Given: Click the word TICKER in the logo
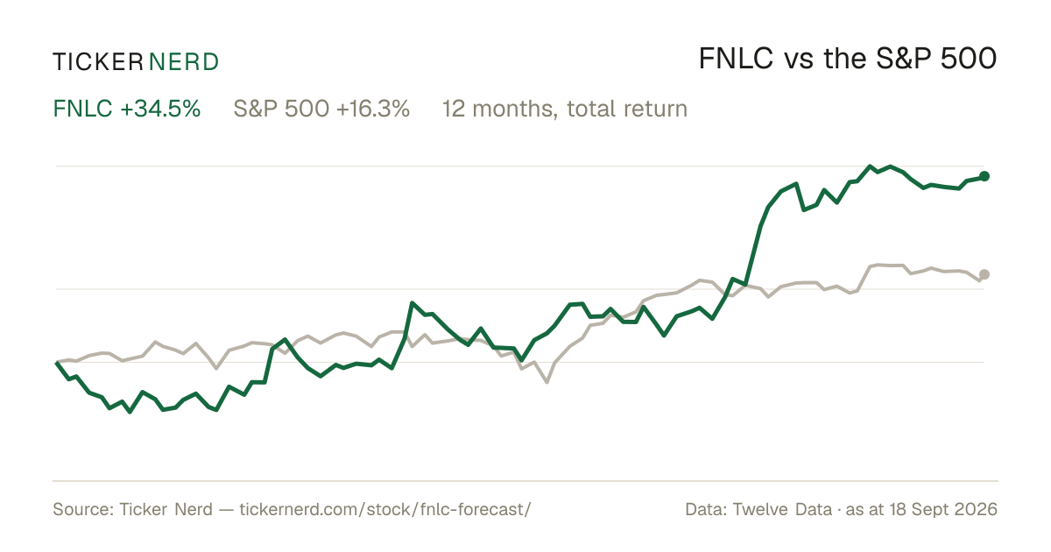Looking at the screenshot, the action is pyautogui.click(x=98, y=62).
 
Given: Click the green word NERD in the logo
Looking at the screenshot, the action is pyautogui.click(x=184, y=62).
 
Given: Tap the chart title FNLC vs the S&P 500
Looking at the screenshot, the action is pyautogui.click(x=848, y=59).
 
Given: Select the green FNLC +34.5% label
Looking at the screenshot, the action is pyautogui.click(x=127, y=109).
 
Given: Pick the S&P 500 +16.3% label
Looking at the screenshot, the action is pyautogui.click(x=321, y=109).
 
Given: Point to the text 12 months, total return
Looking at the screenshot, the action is pyautogui.click(x=564, y=109).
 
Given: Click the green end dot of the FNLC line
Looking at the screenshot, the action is pyautogui.click(x=984, y=176).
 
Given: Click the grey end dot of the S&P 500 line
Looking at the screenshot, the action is pyautogui.click(x=984, y=274).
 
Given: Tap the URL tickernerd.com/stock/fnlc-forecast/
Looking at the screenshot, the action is pyautogui.click(x=385, y=509).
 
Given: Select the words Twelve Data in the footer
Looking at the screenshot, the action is pyautogui.click(x=782, y=509).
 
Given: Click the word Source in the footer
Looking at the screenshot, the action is pyautogui.click(x=81, y=509).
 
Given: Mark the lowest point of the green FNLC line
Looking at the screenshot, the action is pyautogui.click(x=130, y=412).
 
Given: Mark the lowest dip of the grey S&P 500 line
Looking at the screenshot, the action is pyautogui.click(x=547, y=383).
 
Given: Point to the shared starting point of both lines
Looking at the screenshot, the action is pyautogui.click(x=57, y=362).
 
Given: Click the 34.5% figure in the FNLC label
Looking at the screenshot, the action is pyautogui.click(x=160, y=109).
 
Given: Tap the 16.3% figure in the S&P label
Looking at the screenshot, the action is pyautogui.click(x=373, y=109).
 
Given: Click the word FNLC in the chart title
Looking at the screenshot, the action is pyautogui.click(x=736, y=59).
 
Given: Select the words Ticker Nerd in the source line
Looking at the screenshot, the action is pyautogui.click(x=166, y=509).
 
